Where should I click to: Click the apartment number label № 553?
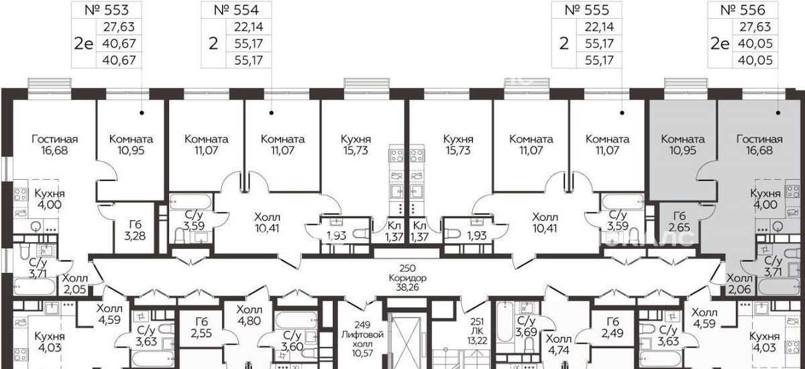point(107,10)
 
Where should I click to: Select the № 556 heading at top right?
point(743,10)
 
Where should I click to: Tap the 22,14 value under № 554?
point(249,27)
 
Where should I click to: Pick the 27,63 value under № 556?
point(755,27)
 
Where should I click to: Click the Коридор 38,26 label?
point(408,278)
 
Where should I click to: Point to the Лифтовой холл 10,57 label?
point(362,339)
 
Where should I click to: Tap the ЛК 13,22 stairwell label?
point(477,331)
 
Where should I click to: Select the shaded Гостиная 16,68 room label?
point(759,144)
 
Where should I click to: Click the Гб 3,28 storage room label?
point(135,230)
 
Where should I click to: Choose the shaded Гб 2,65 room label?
point(680,221)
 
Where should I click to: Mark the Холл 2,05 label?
point(74,284)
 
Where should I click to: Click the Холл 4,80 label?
point(249,315)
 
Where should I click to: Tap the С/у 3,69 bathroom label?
point(526,326)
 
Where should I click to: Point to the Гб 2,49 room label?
point(612,327)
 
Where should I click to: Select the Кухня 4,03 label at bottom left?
point(50,342)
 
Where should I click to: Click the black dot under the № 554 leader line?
point(271,113)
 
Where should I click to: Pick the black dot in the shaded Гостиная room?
point(778,113)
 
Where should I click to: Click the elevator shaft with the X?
point(405,341)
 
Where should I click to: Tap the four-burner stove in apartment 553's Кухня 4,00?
point(21,195)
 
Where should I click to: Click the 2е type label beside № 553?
point(83,44)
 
